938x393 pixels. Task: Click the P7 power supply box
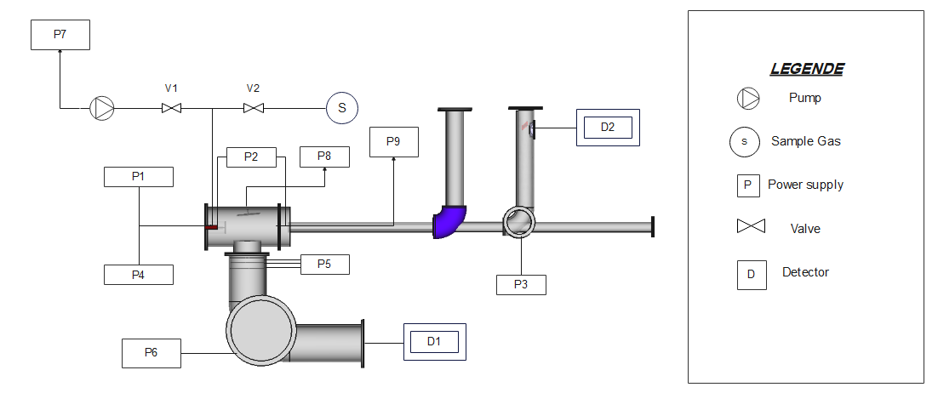pyautogui.click(x=60, y=35)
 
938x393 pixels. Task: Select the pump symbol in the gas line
pyautogui.click(x=101, y=108)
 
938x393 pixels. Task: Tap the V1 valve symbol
pyautogui.click(x=172, y=109)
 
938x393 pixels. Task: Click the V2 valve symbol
pyautogui.click(x=253, y=109)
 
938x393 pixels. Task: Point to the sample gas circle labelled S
pyautogui.click(x=342, y=108)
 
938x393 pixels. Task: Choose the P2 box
pyautogui.click(x=251, y=157)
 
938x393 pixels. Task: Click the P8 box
pyautogui.click(x=324, y=157)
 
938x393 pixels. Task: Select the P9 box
pyautogui.click(x=393, y=142)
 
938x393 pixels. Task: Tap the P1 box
pyautogui.click(x=139, y=177)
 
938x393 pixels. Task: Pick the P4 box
pyautogui.click(x=139, y=275)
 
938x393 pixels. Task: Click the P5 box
pyautogui.click(x=324, y=265)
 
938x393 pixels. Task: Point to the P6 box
pyautogui.click(x=152, y=353)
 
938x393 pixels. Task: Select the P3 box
pyautogui.click(x=521, y=285)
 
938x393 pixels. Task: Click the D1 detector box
pyautogui.click(x=434, y=342)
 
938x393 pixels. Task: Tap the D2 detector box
pyautogui.click(x=608, y=128)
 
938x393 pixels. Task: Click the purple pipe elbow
pyautogui.click(x=448, y=221)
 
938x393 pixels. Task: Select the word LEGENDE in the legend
pyautogui.click(x=806, y=69)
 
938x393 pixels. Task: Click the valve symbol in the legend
pyautogui.click(x=751, y=226)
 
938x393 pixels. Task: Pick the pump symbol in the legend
pyautogui.click(x=748, y=98)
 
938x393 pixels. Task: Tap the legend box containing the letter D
pyautogui.click(x=752, y=275)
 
